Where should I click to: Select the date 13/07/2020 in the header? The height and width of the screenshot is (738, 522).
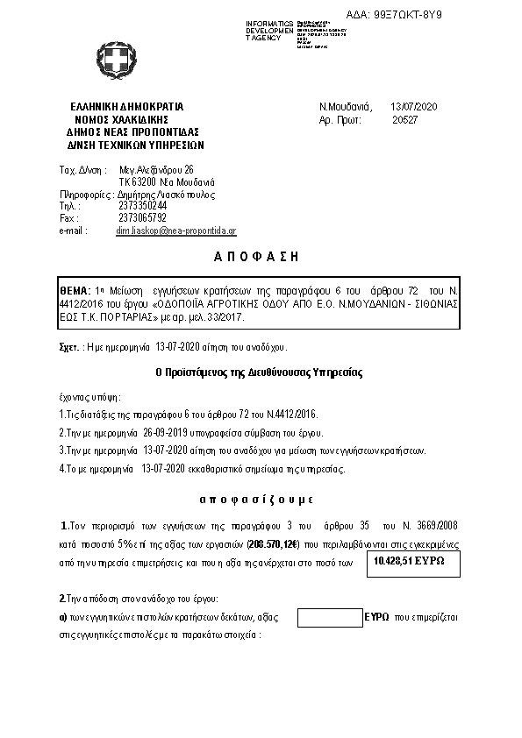point(413,107)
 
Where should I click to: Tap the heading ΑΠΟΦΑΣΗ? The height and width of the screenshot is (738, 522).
point(257,257)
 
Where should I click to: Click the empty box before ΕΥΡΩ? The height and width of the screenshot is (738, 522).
point(330,618)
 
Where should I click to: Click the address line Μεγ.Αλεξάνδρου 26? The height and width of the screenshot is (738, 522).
point(157,169)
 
